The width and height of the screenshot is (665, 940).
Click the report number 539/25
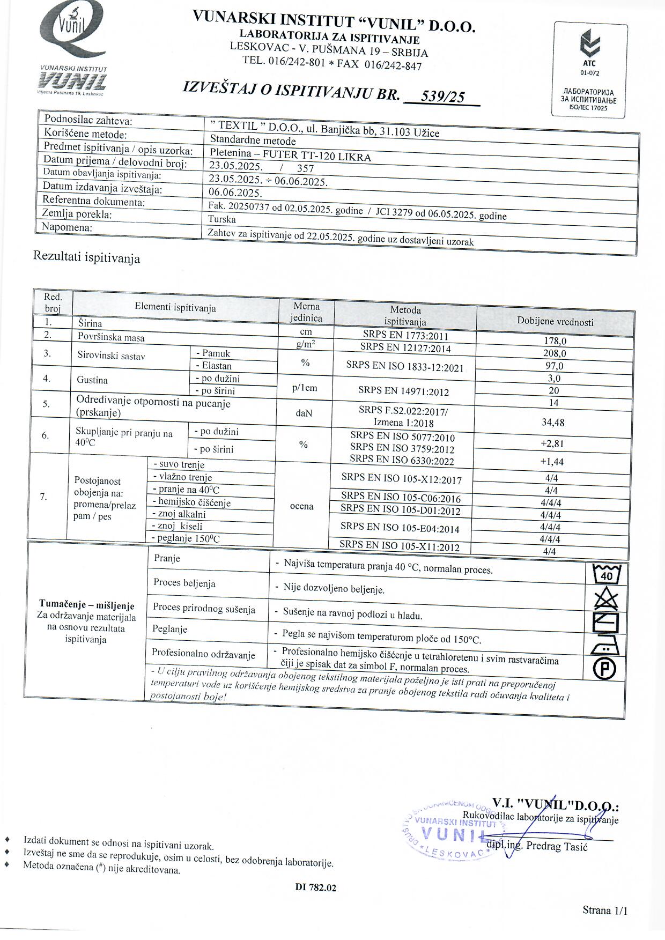(442, 97)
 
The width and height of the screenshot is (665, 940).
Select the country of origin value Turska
(222, 219)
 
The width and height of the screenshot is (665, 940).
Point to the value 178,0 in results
(555, 341)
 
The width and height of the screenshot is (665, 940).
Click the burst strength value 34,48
(553, 423)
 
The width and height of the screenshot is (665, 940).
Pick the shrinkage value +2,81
(552, 443)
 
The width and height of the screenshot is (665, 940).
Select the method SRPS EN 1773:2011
(405, 336)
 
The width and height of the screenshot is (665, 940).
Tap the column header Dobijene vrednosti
(555, 322)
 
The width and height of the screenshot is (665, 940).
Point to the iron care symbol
(605, 647)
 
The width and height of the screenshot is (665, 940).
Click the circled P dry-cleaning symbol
(605, 669)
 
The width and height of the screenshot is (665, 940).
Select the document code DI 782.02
(315, 887)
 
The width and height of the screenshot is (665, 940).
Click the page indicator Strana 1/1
(604, 910)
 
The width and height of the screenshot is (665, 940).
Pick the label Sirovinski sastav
(111, 356)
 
